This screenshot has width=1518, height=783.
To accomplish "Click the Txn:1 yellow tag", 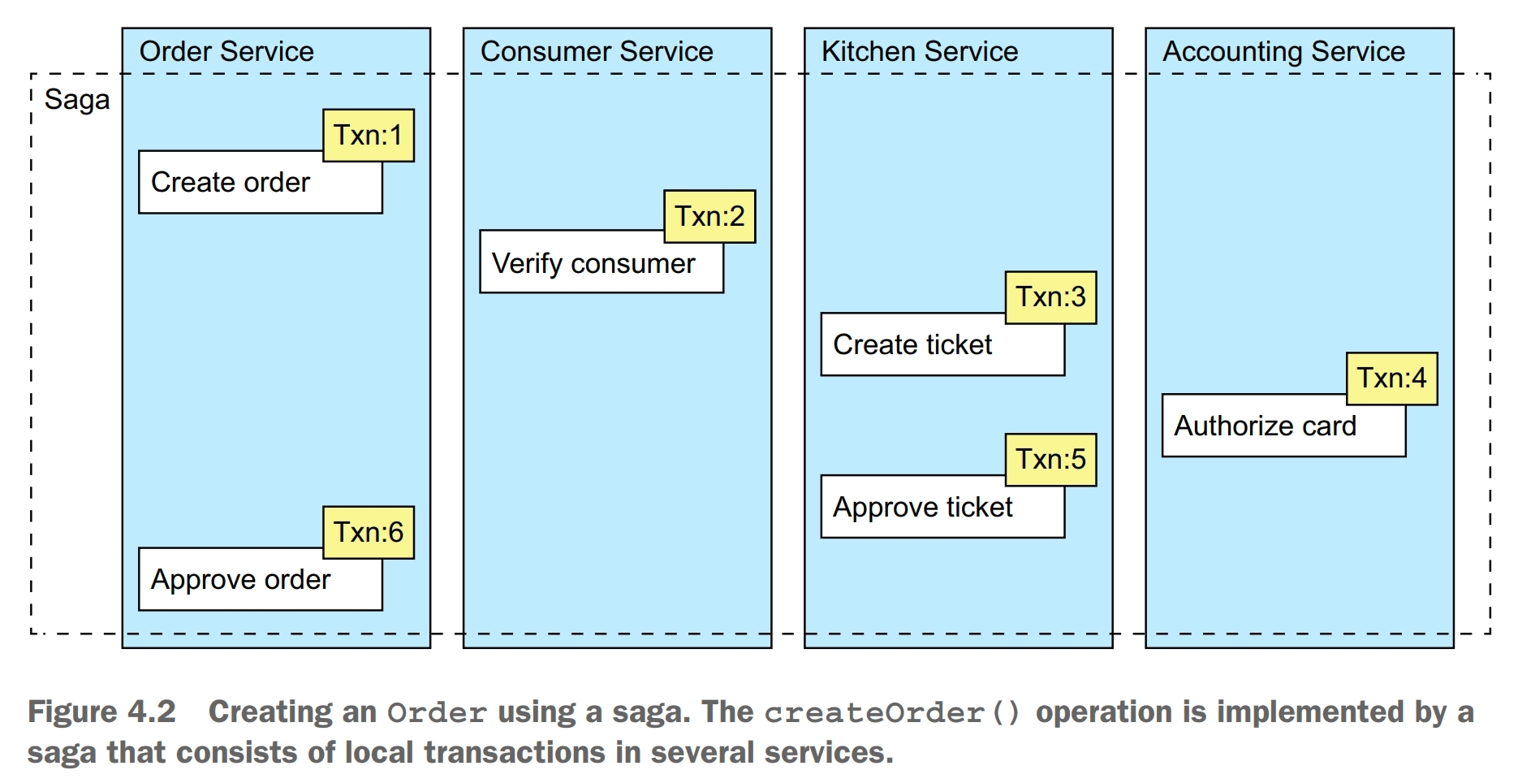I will pos(368,136).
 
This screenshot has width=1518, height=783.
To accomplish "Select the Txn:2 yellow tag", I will pos(709,217).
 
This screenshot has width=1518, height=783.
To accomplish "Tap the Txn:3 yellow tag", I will pos(1050,297).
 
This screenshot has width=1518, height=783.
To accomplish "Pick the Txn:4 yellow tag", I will pos(1391,379).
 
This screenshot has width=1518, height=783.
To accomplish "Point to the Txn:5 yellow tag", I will pos(1050,460).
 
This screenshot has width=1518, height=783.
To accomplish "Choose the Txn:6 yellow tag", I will pos(368,533).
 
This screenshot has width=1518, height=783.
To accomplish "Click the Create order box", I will pos(231,184).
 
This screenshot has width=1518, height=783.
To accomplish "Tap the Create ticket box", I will pos(913,346).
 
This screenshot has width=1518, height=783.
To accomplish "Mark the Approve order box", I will pos(241,581).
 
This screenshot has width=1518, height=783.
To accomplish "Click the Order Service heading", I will pos(226,52).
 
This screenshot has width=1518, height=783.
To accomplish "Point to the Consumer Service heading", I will pos(597,52).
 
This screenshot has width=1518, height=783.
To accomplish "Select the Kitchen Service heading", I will pos(920,52).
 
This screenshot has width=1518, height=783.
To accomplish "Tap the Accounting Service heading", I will pos(1283,52).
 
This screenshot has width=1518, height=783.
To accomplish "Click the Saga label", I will pos(77,100).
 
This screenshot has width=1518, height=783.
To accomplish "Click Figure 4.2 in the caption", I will pos(102,712).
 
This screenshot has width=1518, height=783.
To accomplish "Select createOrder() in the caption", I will pos(892,713).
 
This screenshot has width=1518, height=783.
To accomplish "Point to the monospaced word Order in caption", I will pos(437,713).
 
